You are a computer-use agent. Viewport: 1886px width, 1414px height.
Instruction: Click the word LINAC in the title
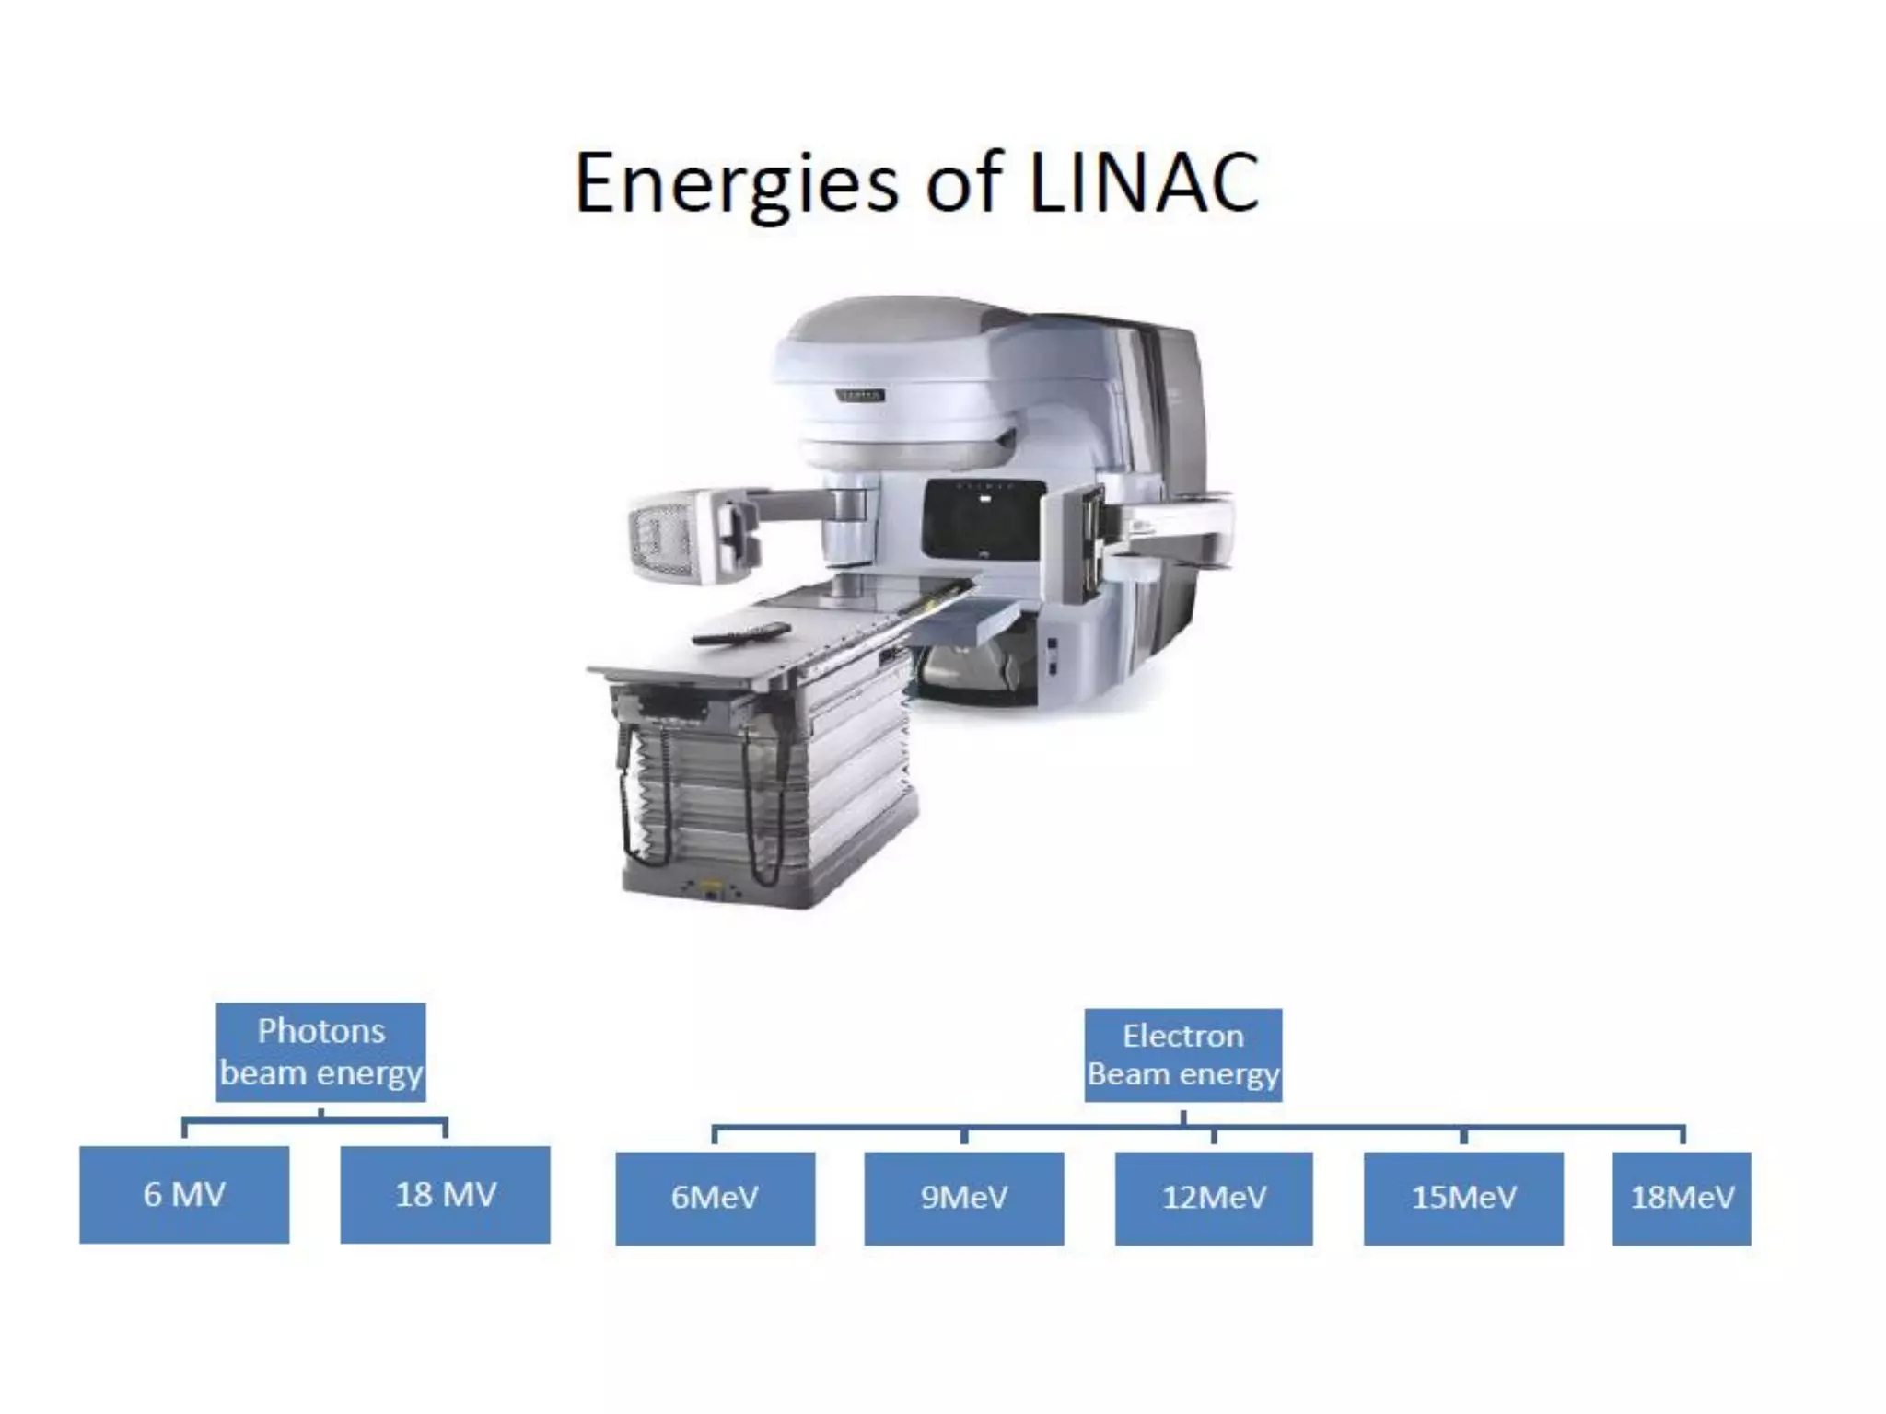[1143, 182]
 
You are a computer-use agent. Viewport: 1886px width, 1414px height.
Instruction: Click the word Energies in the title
[736, 184]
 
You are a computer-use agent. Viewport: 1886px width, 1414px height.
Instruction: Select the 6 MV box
[184, 1195]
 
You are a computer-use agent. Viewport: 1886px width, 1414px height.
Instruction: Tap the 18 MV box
[446, 1195]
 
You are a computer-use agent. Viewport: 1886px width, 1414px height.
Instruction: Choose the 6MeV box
[715, 1198]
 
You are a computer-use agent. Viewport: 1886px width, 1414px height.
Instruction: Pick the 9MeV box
[964, 1198]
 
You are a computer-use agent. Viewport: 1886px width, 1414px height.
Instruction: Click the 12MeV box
[1214, 1198]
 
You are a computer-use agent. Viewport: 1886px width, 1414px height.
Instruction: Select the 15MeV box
[1463, 1198]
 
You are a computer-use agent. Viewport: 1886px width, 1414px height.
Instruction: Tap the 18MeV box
[1682, 1198]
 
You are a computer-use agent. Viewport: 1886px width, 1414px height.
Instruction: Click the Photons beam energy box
[320, 1052]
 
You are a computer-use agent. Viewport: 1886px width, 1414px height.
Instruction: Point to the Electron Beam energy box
[1183, 1055]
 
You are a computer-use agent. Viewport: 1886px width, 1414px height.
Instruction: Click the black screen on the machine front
[984, 520]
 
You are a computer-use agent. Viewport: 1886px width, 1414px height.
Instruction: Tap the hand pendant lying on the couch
[741, 632]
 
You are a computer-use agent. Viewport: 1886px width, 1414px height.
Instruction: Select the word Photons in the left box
[320, 1031]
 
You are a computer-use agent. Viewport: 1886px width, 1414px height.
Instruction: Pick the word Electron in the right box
[1183, 1037]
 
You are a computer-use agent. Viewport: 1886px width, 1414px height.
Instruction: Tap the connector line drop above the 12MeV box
[1214, 1136]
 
